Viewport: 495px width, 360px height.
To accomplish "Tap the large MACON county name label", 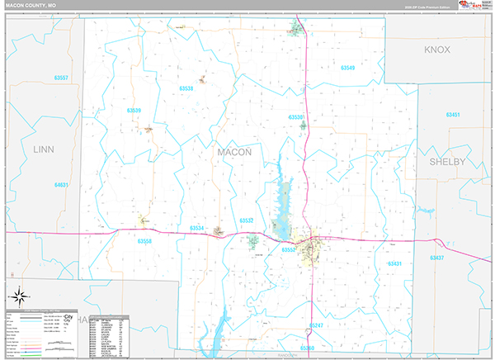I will tap(234, 153).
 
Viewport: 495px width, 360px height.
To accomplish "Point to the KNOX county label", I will tap(437, 50).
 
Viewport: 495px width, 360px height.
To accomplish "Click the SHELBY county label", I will tap(446, 162).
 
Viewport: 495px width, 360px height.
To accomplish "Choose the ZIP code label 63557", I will tap(59, 78).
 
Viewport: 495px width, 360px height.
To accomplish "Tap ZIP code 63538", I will tap(186, 88).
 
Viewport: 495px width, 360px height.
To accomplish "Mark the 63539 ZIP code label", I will tap(134, 110).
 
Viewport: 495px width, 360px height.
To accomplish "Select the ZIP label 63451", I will tap(452, 115).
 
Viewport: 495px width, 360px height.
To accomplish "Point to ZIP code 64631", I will tap(61, 185).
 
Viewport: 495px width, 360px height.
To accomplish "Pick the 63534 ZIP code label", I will tap(197, 228).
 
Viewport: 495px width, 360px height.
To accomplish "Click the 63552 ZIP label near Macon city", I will tap(288, 249).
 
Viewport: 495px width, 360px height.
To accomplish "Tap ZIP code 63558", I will tap(144, 241).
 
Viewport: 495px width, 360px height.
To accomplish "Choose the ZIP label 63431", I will tap(394, 263).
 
